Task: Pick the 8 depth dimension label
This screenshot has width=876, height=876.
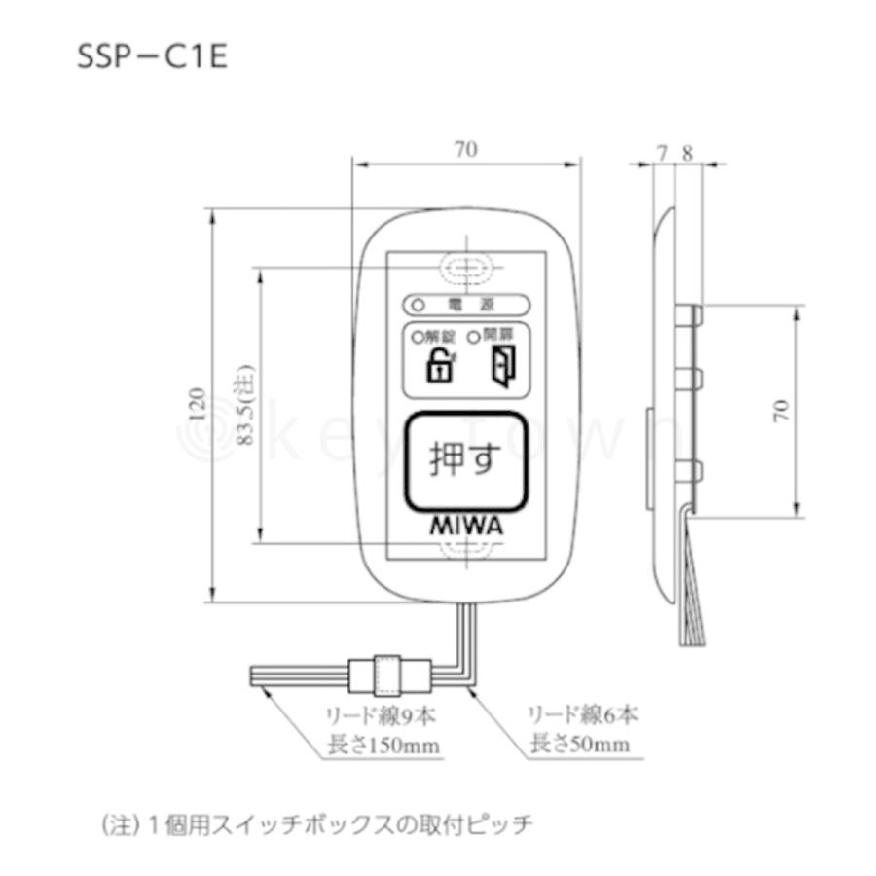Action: pos(687,153)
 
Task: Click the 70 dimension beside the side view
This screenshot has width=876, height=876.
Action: pos(780,410)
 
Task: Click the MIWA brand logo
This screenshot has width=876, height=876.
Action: pos(467,525)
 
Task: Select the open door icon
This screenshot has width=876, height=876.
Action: pos(499,368)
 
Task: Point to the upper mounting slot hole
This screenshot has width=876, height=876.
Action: pos(467,265)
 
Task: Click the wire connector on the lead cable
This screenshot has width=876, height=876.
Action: pos(389,673)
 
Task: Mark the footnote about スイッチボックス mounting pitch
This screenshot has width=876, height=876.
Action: pos(317,825)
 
